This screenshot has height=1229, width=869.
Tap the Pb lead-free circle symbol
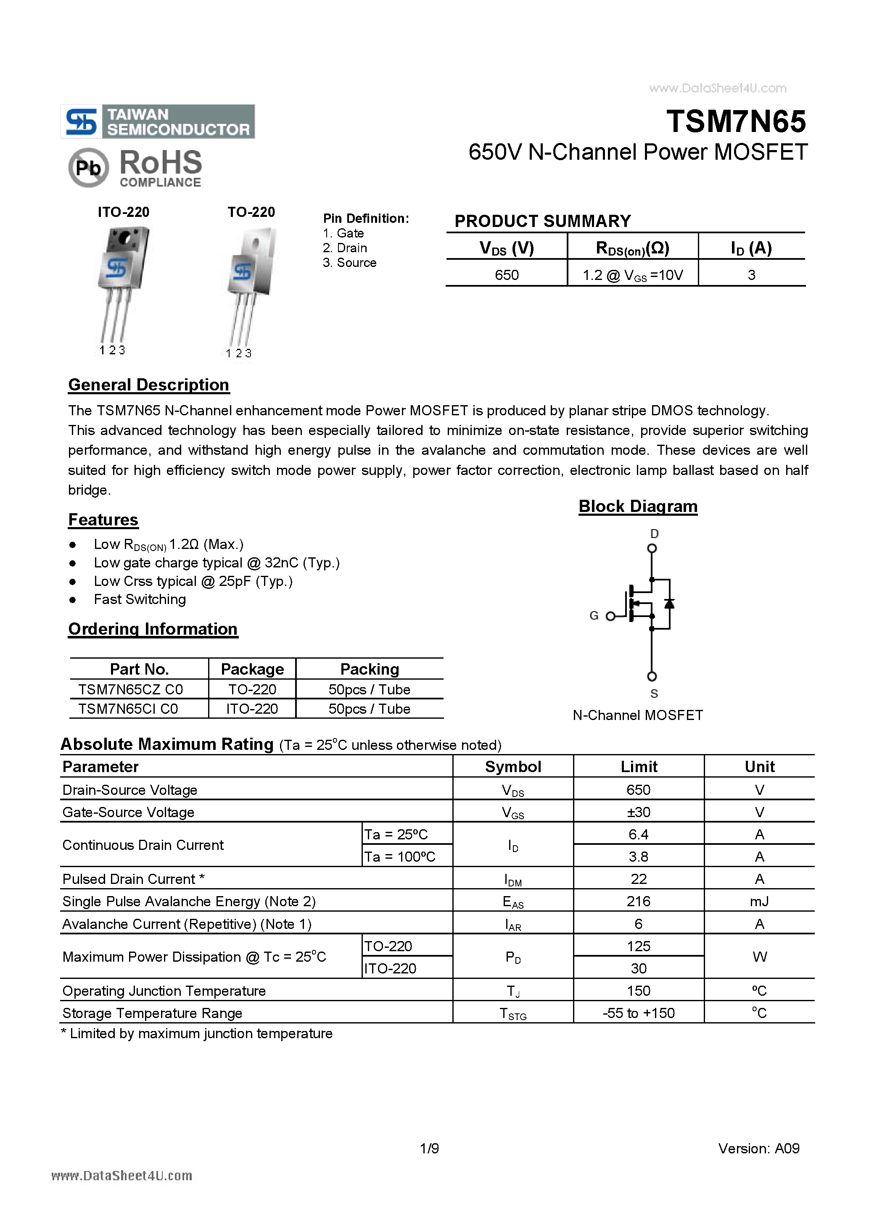88,168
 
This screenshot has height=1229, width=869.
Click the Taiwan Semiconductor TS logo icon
81,121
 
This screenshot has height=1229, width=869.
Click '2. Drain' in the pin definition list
345,248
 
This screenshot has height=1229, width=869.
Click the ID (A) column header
751,248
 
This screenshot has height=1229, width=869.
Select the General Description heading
149,385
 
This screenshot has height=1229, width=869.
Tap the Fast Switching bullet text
140,599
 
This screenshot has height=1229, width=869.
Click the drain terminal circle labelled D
652,548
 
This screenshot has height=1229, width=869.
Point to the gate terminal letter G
594,616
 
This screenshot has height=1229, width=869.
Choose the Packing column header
370,669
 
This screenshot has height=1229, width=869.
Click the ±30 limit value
638,812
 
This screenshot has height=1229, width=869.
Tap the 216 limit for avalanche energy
638,902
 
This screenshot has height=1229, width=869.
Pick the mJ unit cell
759,902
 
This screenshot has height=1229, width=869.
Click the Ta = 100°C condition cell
400,857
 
